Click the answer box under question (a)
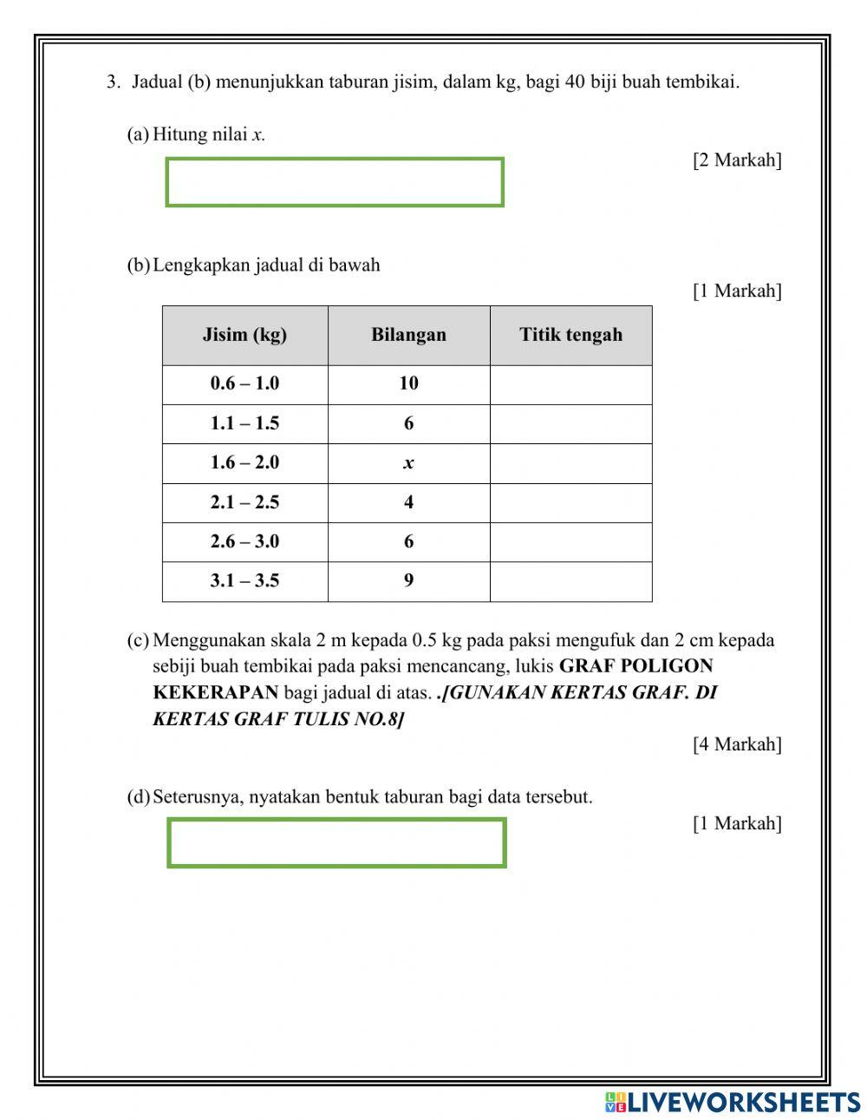pos(335,182)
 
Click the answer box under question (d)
pos(336,842)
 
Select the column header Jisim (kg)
pos(244,335)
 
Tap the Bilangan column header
pos(408,335)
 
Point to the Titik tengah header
pos(570,335)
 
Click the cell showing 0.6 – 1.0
pos(244,383)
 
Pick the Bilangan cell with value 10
pos(408,383)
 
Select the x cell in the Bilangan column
pos(408,463)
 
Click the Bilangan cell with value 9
pos(408,581)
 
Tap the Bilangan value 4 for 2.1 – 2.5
pos(408,502)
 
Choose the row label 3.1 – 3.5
pos(244,581)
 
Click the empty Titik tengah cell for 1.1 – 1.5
pos(570,423)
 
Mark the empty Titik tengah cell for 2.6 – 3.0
pos(570,542)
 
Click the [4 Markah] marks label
pos(737,744)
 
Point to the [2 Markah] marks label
pos(737,160)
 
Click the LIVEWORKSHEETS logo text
pos(742,1102)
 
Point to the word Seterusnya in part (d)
pos(199,797)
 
